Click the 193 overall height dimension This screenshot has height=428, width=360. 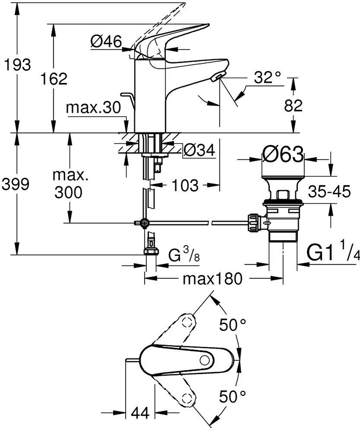click(17, 65)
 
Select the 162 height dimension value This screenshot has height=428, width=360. click(54, 79)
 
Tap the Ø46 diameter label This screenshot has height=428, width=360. click(106, 41)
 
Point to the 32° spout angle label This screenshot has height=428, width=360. click(267, 78)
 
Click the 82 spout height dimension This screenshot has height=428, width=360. click(293, 106)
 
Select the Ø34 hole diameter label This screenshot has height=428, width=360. click(199, 150)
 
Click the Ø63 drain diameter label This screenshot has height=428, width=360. click(283, 154)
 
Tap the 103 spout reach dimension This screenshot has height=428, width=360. click(185, 185)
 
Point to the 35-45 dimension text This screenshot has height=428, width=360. click(329, 192)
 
